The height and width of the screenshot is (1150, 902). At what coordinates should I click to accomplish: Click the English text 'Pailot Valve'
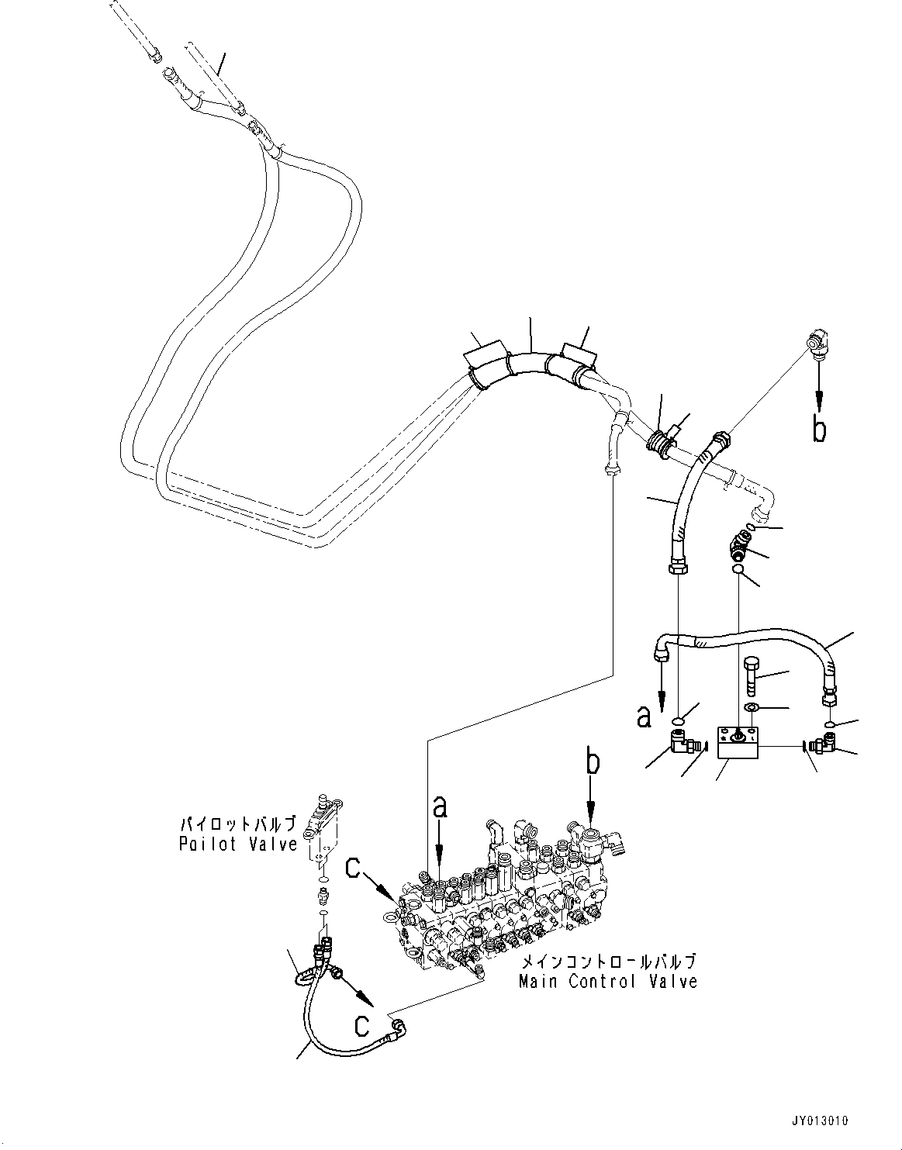(x=237, y=844)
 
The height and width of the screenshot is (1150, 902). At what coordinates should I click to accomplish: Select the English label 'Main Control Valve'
(x=608, y=982)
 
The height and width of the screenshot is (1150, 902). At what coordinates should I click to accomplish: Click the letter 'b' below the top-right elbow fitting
(x=819, y=429)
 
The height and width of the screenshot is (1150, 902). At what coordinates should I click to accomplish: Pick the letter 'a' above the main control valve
(x=440, y=808)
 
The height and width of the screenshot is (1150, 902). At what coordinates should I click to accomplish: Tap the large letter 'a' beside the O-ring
(x=644, y=717)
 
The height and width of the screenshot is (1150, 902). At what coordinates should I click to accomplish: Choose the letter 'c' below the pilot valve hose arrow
(x=361, y=1025)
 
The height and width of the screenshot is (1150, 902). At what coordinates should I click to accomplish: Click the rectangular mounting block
(x=738, y=743)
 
